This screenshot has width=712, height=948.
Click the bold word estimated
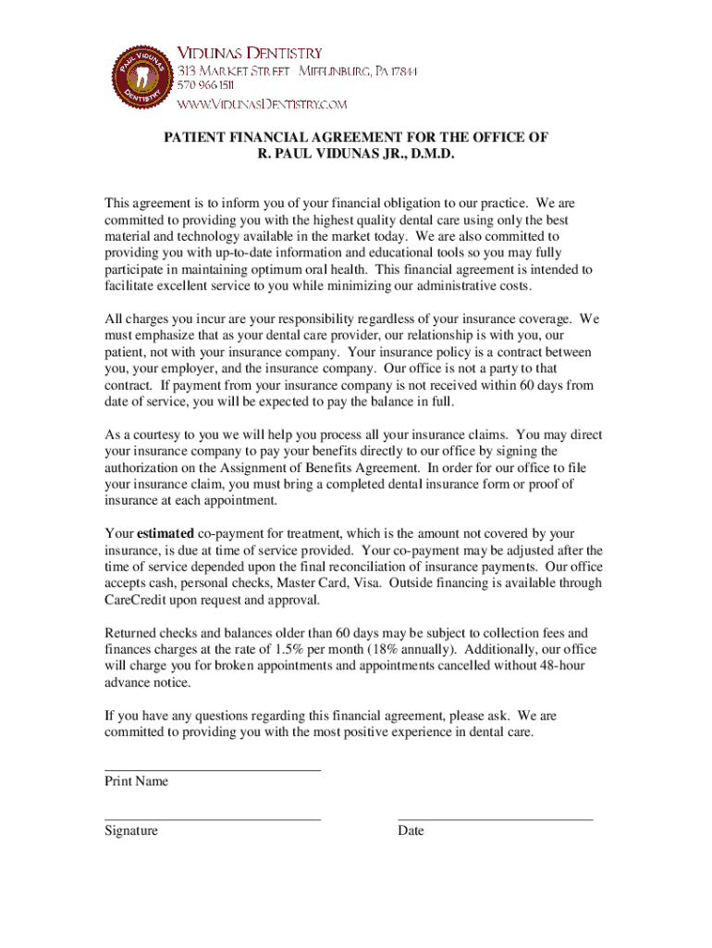(165, 533)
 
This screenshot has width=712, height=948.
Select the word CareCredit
(139, 600)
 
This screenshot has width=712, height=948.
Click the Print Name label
(136, 781)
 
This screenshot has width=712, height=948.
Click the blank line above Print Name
(213, 770)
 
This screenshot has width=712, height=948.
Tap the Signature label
(130, 830)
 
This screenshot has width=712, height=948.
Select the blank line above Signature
(213, 819)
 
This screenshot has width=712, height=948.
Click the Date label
(411, 830)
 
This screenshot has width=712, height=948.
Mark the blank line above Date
(495, 819)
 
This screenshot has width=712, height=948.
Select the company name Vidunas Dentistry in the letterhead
(250, 53)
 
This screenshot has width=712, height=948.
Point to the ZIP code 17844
(402, 71)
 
